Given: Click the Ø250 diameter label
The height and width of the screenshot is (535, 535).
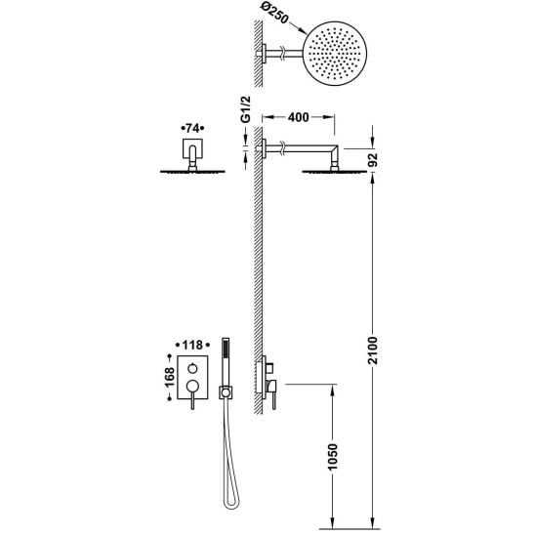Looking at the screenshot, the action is pos(274,14).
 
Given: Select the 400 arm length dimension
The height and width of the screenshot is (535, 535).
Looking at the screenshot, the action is pos(298,117).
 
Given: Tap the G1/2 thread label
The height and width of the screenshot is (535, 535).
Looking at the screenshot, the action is pos(245,109).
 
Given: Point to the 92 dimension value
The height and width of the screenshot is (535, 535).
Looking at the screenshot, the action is pos(373,160).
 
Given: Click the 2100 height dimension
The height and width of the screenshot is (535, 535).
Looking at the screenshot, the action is pos(373,350).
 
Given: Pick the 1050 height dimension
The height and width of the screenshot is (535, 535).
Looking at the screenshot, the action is pos(332,457).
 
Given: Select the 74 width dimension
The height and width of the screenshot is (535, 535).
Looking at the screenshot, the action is pos(192,128).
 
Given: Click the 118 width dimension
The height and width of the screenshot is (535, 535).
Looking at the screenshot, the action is pos(192,346).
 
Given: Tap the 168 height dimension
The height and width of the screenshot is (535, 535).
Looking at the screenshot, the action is pos(170,377).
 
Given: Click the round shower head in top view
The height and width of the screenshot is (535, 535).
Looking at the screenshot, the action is pos(335,54).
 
